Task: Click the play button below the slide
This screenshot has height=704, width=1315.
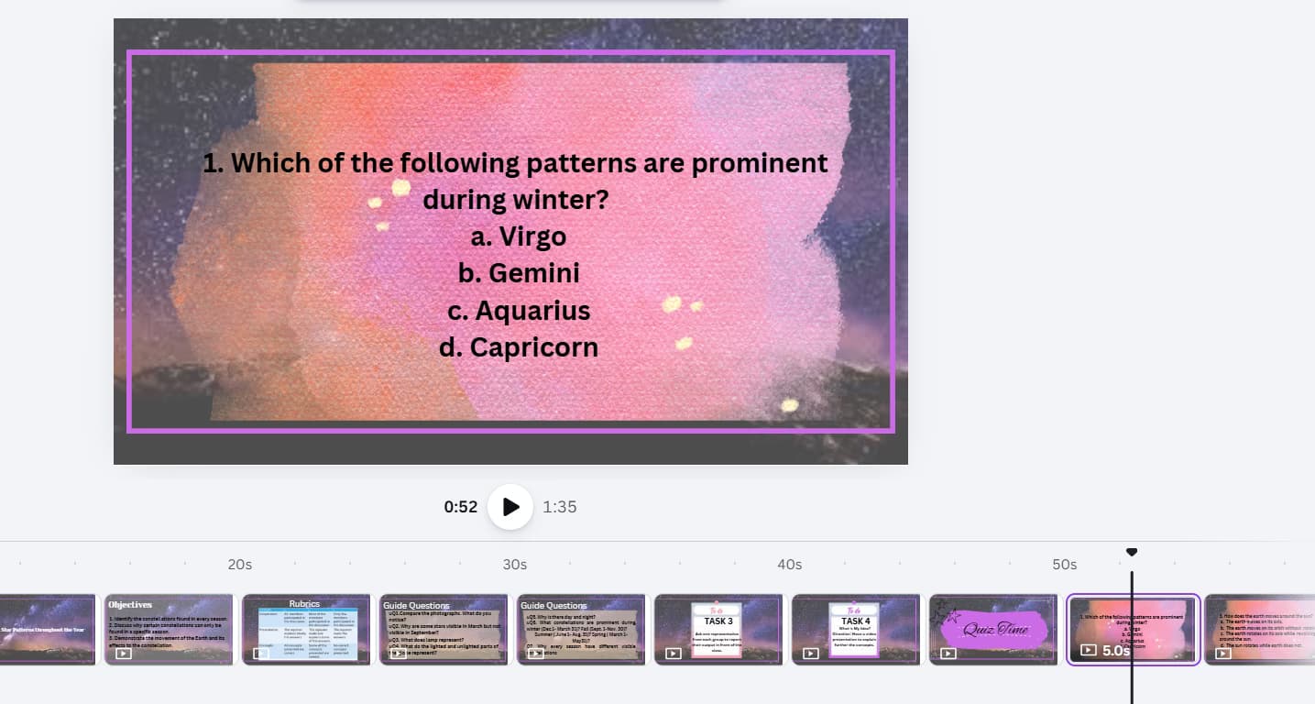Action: (510, 507)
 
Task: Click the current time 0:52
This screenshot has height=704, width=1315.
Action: (460, 507)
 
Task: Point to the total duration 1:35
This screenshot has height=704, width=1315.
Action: (560, 507)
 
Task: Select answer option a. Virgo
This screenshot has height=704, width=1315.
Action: (519, 236)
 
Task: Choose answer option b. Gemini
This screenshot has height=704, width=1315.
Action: (519, 273)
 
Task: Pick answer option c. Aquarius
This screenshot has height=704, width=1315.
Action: (519, 311)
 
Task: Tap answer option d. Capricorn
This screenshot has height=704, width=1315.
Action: (519, 347)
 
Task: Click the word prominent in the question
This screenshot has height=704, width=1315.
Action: (760, 163)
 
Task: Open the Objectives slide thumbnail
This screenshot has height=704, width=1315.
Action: (168, 629)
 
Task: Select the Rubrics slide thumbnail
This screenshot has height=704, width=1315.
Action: (305, 629)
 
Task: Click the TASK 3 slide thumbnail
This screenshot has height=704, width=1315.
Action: (718, 629)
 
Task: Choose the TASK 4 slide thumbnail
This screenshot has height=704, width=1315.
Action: (855, 629)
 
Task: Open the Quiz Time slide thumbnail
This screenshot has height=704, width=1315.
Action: (992, 629)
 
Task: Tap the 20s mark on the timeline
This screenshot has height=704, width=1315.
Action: (240, 565)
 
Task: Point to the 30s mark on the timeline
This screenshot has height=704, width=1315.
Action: (515, 565)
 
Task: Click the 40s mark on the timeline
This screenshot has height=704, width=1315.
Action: (790, 565)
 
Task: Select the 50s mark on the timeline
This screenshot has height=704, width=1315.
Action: (1065, 565)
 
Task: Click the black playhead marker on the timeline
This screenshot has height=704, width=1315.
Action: (1132, 552)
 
